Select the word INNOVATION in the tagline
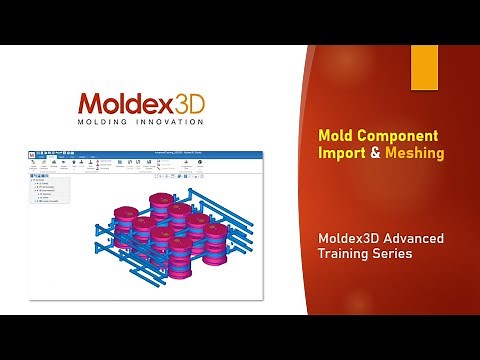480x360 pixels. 167,122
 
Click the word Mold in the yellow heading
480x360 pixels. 335,135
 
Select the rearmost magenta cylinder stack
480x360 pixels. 162,202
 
